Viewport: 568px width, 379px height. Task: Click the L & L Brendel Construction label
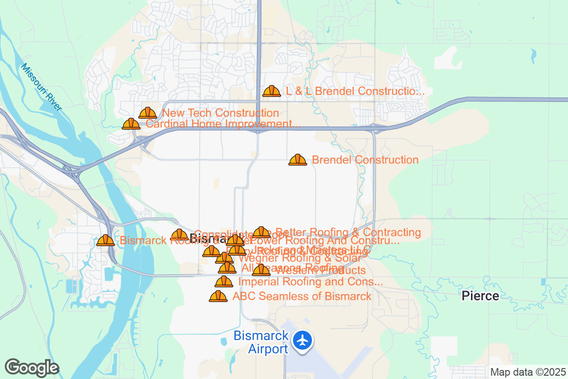pos(355,91)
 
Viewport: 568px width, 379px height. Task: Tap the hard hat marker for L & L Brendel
pos(272,91)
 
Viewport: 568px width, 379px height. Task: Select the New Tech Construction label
pos(221,113)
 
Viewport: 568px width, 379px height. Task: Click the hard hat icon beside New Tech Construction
pos(148,113)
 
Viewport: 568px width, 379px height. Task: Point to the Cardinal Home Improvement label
pos(223,124)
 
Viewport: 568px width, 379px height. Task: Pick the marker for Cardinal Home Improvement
pos(131,124)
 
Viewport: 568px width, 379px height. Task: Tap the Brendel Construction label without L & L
pos(365,160)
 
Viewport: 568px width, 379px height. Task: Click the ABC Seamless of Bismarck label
pos(302,297)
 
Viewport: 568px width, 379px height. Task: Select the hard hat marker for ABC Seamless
pos(218,297)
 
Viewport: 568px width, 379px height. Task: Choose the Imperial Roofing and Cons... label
pos(311,282)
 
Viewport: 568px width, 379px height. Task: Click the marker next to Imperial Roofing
pos(224,282)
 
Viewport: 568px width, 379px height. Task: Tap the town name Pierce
pos(480,296)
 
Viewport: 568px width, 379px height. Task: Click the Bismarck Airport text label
pos(261,343)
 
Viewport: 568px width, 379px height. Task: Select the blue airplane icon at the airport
pos(302,340)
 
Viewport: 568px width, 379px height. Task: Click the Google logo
pos(32,368)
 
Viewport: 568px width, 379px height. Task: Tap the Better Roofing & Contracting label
pos(348,232)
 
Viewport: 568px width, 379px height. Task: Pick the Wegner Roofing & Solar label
pos(300,258)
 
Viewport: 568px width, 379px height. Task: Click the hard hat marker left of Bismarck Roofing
pos(106,241)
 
